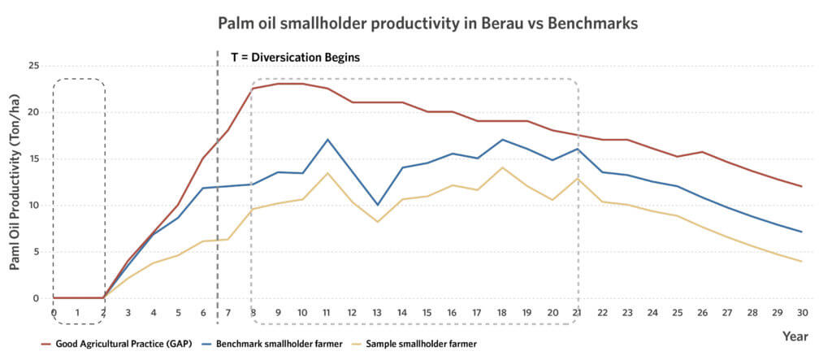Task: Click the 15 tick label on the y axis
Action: (x=33, y=159)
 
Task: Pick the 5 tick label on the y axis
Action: (x=36, y=252)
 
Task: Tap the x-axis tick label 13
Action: (x=377, y=312)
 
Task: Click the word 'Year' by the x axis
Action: (x=794, y=336)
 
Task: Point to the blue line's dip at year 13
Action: (x=377, y=205)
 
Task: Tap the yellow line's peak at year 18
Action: (x=502, y=167)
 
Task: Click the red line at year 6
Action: (x=203, y=158)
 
